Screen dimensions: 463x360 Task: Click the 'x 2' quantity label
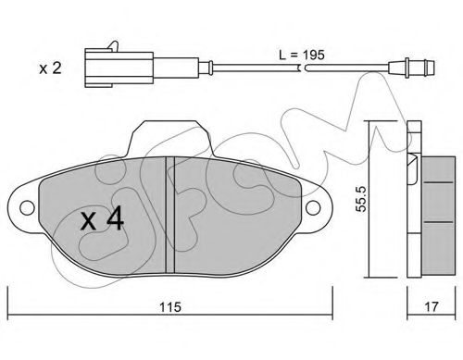pos(50,68)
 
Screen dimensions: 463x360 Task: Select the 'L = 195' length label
pos(302,55)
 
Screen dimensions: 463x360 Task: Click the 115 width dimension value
pos(170,307)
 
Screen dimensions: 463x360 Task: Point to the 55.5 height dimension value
pos(360,199)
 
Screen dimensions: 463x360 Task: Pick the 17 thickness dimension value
pos(432,306)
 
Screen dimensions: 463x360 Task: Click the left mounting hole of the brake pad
pos(27,207)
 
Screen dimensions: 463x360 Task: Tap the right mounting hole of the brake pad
pos(313,207)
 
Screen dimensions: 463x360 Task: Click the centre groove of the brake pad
pos(170,215)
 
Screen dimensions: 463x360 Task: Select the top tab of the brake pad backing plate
pos(169,138)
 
